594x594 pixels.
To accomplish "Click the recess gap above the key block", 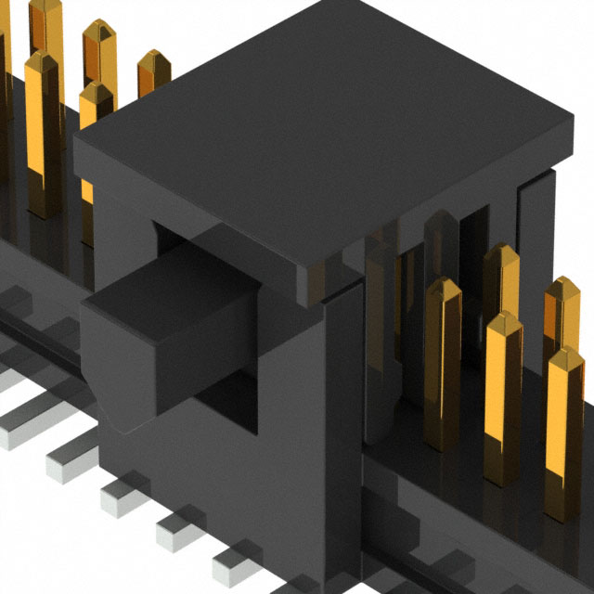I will [x=186, y=237].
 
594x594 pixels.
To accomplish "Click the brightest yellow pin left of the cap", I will [x=42, y=130].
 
